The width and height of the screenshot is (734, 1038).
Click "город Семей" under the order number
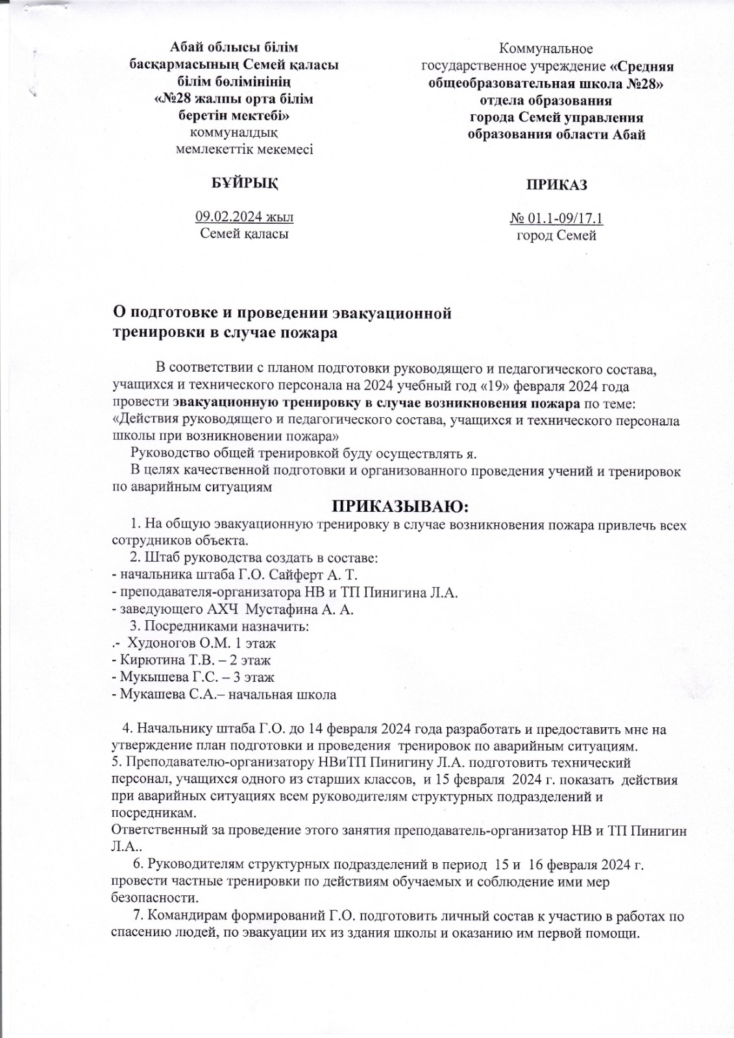coord(556,235)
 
